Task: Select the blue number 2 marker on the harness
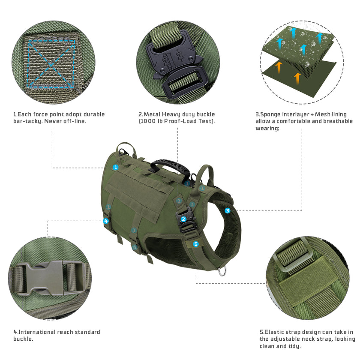(x=183, y=219)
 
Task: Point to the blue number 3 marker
(x=227, y=210)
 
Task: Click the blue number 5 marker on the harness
(x=196, y=244)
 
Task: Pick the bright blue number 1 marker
(x=115, y=167)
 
